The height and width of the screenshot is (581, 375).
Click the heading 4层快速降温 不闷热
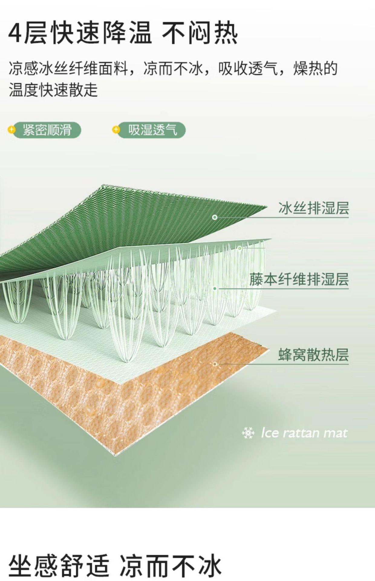click(123, 33)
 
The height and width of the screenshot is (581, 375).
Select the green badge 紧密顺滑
click(47, 130)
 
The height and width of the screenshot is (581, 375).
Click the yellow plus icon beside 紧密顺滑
click(11, 130)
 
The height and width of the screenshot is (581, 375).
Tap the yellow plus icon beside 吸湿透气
click(116, 130)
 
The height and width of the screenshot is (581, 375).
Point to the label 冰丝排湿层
click(313, 208)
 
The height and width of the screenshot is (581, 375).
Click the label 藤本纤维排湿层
click(299, 279)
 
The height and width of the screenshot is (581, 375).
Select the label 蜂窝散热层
click(313, 355)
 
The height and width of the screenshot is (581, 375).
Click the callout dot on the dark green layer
click(215, 217)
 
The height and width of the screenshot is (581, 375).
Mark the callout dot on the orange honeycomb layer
click(215, 364)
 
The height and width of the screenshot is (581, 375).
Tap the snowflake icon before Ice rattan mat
click(248, 433)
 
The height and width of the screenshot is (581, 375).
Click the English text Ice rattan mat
click(304, 433)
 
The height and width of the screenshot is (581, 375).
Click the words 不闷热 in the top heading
click(200, 33)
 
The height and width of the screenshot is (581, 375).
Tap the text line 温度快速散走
click(53, 90)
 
